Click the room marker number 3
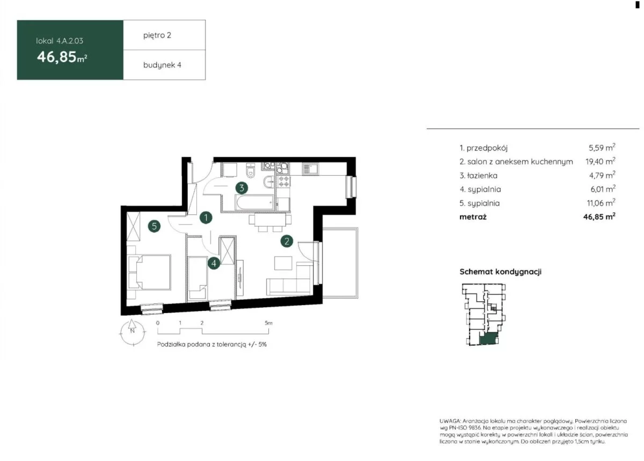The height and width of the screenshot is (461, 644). click(241, 188)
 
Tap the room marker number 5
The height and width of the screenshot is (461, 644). click(154, 226)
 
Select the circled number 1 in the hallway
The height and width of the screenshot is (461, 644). click(206, 218)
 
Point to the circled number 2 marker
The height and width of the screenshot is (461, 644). click(287, 241)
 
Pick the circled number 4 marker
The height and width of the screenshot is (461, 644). click(214, 263)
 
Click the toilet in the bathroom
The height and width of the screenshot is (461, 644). click(251, 170)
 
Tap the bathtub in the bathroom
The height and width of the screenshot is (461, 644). click(254, 203)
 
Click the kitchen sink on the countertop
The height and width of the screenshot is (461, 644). click(310, 169)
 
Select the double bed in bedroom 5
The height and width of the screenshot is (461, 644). click(150, 272)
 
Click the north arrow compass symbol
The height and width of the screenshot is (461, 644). click(132, 332)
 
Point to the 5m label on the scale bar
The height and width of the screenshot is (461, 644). click(268, 323)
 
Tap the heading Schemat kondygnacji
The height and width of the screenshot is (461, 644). click(500, 271)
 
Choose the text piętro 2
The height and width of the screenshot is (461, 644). click(157, 35)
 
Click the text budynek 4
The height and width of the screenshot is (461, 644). click(162, 65)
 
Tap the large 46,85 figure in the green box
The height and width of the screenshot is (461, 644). click(57, 57)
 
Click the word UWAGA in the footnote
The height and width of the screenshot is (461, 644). click(450, 421)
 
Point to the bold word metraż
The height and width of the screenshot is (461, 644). click(473, 217)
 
